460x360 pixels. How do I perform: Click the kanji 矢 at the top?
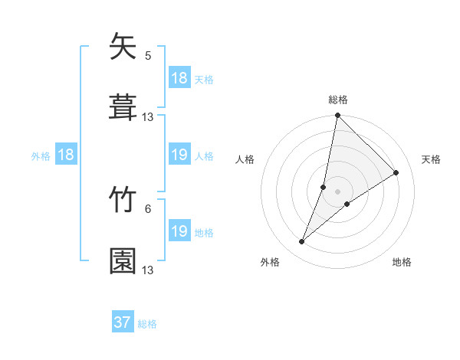tap(123, 47)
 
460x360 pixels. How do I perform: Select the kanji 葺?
tap(123, 106)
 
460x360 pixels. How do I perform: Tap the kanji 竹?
tap(123, 201)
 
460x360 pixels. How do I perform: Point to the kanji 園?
tap(123, 260)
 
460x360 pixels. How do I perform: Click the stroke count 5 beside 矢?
tap(148, 55)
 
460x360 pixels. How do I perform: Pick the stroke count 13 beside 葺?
tap(148, 116)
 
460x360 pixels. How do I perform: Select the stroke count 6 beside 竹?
tap(148, 208)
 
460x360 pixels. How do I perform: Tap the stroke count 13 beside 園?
tap(148, 270)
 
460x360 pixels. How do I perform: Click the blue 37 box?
tap(123, 322)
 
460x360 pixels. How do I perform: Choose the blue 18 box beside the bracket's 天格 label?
tap(179, 78)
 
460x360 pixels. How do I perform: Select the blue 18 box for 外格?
tap(66, 155)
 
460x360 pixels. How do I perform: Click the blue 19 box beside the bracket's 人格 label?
tap(179, 155)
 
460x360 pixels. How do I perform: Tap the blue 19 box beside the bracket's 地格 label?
tap(179, 231)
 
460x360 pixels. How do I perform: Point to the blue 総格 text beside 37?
tap(148, 324)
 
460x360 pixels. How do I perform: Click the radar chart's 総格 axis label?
tap(338, 100)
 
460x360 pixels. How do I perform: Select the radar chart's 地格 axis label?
tap(402, 262)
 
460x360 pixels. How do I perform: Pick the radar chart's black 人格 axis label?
tap(245, 159)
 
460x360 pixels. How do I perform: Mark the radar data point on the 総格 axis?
tap(338, 116)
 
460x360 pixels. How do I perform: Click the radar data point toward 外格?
tap(302, 242)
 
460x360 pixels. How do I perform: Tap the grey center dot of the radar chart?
tap(338, 191)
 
